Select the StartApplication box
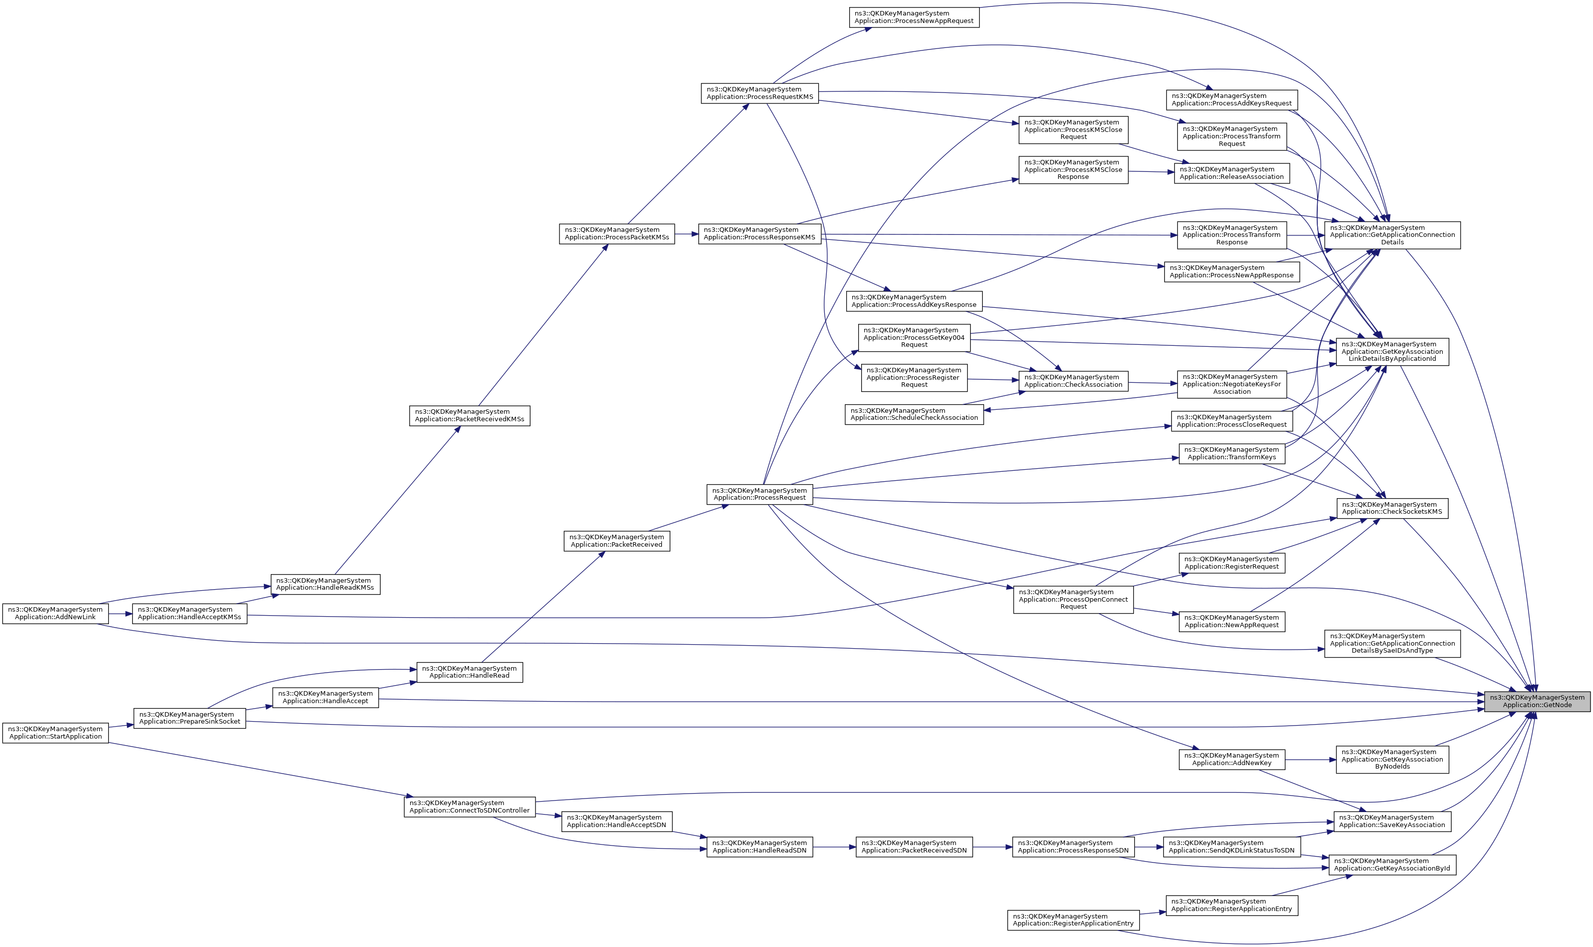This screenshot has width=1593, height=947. click(55, 733)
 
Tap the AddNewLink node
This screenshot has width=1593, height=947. click(55, 613)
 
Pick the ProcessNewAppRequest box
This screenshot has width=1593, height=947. click(914, 17)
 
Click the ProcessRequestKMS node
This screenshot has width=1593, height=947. click(759, 93)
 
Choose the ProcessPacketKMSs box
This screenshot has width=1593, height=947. click(616, 233)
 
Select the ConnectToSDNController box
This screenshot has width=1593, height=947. click(470, 807)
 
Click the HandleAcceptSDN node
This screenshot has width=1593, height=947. click(616, 821)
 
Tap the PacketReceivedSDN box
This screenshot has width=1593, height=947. click(914, 847)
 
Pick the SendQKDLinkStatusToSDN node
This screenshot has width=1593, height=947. click(1231, 847)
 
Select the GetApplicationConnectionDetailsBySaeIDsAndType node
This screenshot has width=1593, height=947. click(1392, 643)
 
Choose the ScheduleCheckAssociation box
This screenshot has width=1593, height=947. click(914, 414)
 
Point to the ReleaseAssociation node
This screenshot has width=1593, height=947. click(1231, 173)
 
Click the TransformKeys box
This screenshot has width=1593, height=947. click(1231, 454)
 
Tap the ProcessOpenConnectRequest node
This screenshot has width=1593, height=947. click(1073, 599)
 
